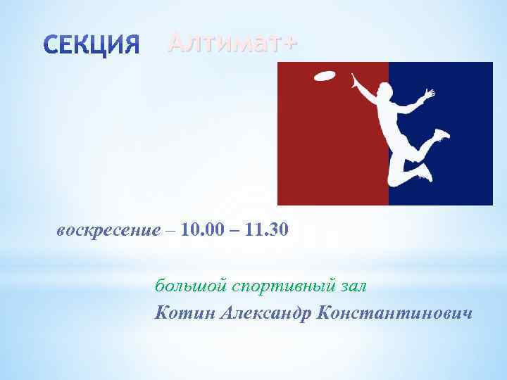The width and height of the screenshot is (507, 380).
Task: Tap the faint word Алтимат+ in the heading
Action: (x=232, y=43)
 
